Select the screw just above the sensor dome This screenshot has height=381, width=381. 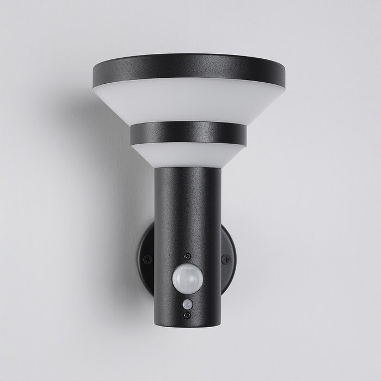click(x=187, y=256)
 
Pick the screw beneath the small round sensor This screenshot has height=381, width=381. click(x=187, y=315)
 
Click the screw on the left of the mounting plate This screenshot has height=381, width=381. click(x=146, y=260)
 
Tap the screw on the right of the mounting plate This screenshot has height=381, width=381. click(x=224, y=259)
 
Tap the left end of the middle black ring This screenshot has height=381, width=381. click(x=131, y=134)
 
